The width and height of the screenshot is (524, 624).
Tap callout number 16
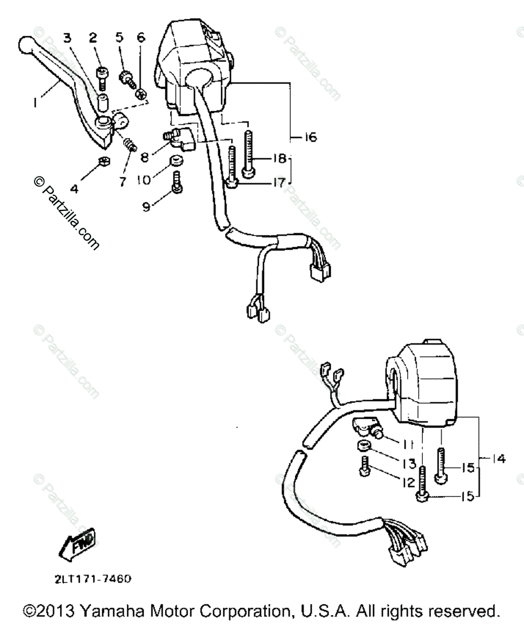(310, 138)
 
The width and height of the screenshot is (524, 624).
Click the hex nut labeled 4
(103, 161)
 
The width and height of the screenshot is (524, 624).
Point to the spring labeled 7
(129, 143)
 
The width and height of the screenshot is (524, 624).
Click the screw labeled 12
(365, 466)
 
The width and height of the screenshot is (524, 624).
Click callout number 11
(407, 444)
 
